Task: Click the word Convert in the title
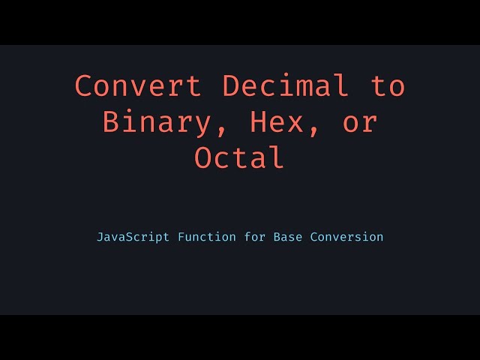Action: pos(138,86)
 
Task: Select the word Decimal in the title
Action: pos(286,86)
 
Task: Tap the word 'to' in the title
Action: pos(388,86)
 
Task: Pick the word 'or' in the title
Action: pos(360,122)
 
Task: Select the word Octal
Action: pos(240,158)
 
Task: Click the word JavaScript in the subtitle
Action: pos(133,237)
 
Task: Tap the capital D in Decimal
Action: pos(231,86)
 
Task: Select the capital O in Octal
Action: pos(203,158)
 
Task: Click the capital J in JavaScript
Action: pos(100,237)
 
